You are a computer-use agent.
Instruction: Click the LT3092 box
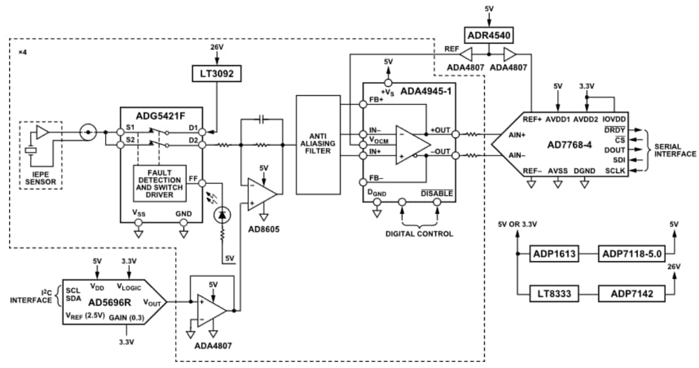point(216,74)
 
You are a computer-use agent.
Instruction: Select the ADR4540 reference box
point(488,36)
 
